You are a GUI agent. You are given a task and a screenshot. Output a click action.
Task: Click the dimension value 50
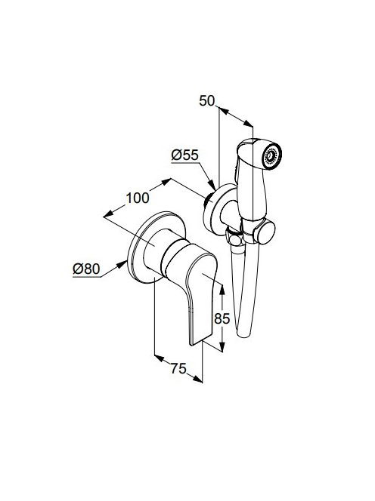pyautogui.click(x=206, y=100)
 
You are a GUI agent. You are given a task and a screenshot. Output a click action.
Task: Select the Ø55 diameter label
pyautogui.click(x=184, y=155)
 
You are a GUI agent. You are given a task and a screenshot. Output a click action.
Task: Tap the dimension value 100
pyautogui.click(x=138, y=198)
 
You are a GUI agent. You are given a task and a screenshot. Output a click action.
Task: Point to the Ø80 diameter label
pyautogui.click(x=86, y=269)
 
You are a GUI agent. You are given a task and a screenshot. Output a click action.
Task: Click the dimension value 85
pyautogui.click(x=222, y=318)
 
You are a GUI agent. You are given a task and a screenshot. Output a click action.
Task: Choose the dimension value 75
pyautogui.click(x=178, y=369)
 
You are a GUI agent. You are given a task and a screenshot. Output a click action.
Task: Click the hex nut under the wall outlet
pyautogui.click(x=236, y=237)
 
